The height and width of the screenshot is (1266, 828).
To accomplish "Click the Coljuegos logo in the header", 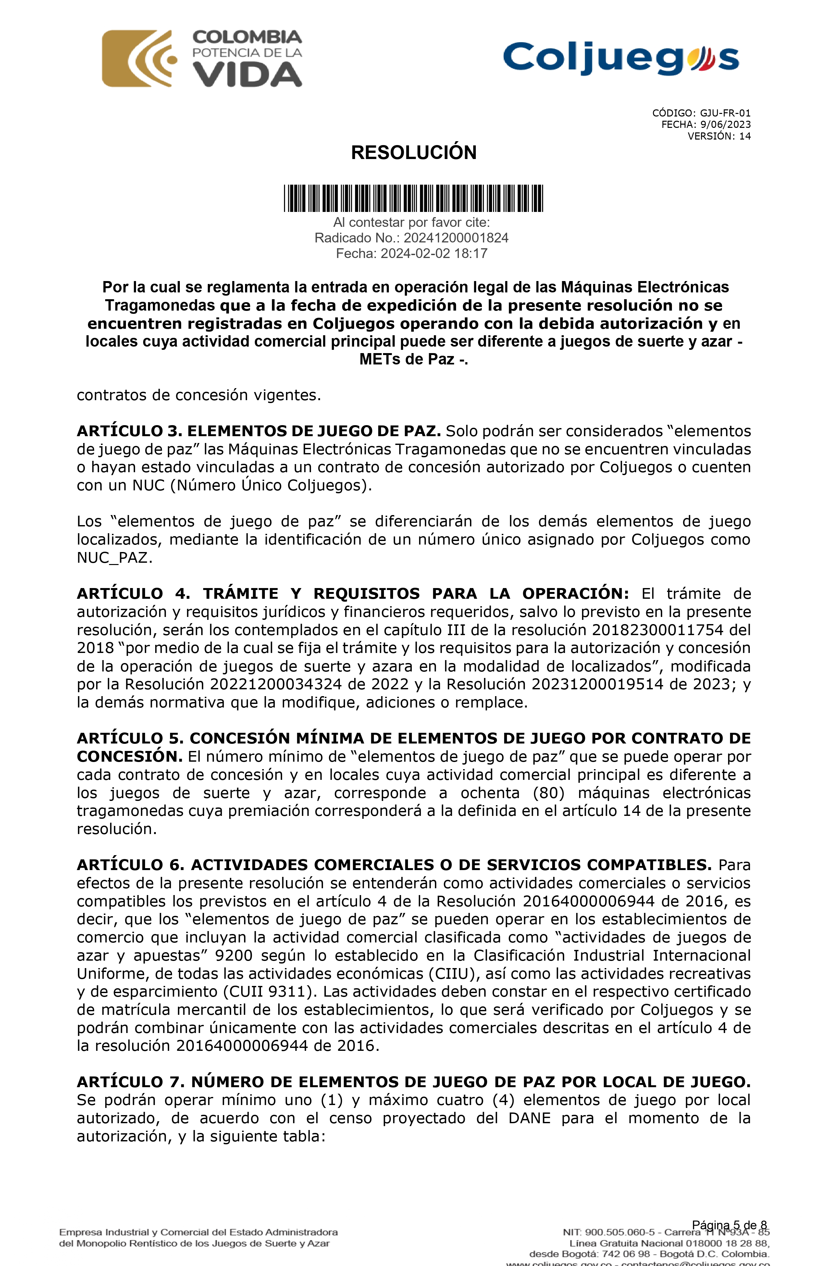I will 621,58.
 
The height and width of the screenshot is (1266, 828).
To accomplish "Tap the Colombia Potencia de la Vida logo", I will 202,58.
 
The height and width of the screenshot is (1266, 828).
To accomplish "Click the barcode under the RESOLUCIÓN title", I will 414,198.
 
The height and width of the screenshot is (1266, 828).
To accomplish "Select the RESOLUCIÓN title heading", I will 414,153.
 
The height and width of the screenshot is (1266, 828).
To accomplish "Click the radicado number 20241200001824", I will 455,238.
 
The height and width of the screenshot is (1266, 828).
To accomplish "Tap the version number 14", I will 745,136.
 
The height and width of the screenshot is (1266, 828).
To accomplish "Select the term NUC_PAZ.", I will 114,558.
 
